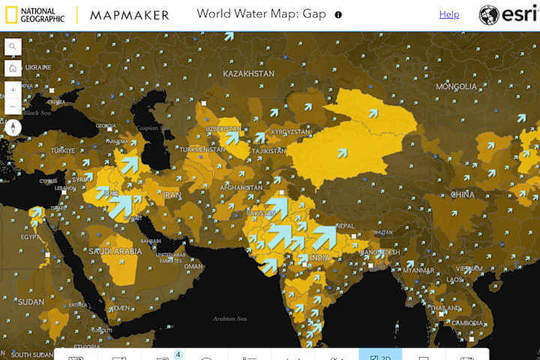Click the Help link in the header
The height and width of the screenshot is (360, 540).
pyautogui.click(x=449, y=14)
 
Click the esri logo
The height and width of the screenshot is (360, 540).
pyautogui.click(x=508, y=14)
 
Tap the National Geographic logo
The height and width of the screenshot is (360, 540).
pyautogui.click(x=35, y=14)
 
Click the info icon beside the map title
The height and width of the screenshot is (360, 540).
pyautogui.click(x=338, y=14)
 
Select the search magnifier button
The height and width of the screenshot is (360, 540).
pyautogui.click(x=13, y=46)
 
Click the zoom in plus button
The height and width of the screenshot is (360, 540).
pyautogui.click(x=13, y=90)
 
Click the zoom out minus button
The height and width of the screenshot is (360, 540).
pyautogui.click(x=13, y=106)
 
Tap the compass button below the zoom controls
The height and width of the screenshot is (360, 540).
pyautogui.click(x=13, y=127)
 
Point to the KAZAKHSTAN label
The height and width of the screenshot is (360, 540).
pyautogui.click(x=248, y=74)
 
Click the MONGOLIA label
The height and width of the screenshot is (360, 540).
pyautogui.click(x=456, y=86)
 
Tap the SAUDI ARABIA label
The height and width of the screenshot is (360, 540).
pyautogui.click(x=115, y=251)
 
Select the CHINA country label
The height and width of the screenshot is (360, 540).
pyautogui.click(x=463, y=195)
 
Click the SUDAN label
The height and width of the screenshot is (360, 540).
pyautogui.click(x=31, y=301)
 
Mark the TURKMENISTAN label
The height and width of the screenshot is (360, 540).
pyautogui.click(x=202, y=149)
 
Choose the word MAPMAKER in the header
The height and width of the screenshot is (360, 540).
pyautogui.click(x=129, y=15)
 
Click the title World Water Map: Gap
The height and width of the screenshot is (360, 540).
pyautogui.click(x=261, y=14)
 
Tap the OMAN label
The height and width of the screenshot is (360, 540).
pyautogui.click(x=193, y=266)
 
